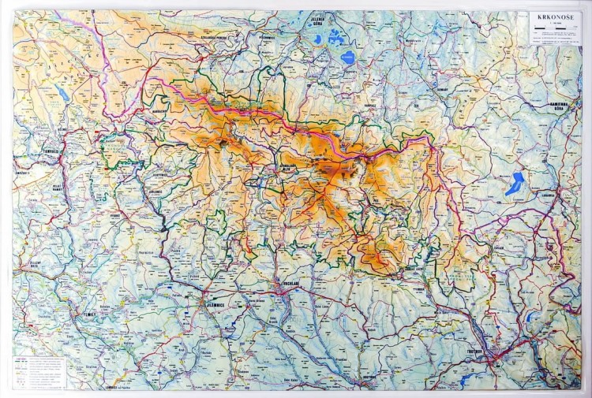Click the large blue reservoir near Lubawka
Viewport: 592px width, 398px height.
tap(515, 184)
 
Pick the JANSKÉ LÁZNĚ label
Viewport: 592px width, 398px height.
tap(416, 270)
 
